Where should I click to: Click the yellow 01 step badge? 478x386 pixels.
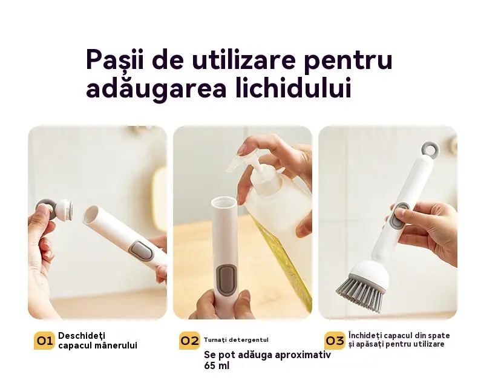[x=44, y=340]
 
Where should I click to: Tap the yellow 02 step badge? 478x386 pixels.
[x=189, y=340]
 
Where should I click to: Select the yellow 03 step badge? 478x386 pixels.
[x=335, y=340]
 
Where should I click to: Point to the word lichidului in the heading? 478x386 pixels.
[x=293, y=88]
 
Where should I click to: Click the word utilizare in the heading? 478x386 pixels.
[x=244, y=59]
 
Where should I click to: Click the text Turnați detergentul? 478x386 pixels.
[x=236, y=340]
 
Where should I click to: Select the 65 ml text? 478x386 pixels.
[x=217, y=365]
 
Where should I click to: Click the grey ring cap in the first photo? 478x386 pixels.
[x=46, y=209]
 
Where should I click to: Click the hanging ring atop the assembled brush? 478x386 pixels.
[x=430, y=148]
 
